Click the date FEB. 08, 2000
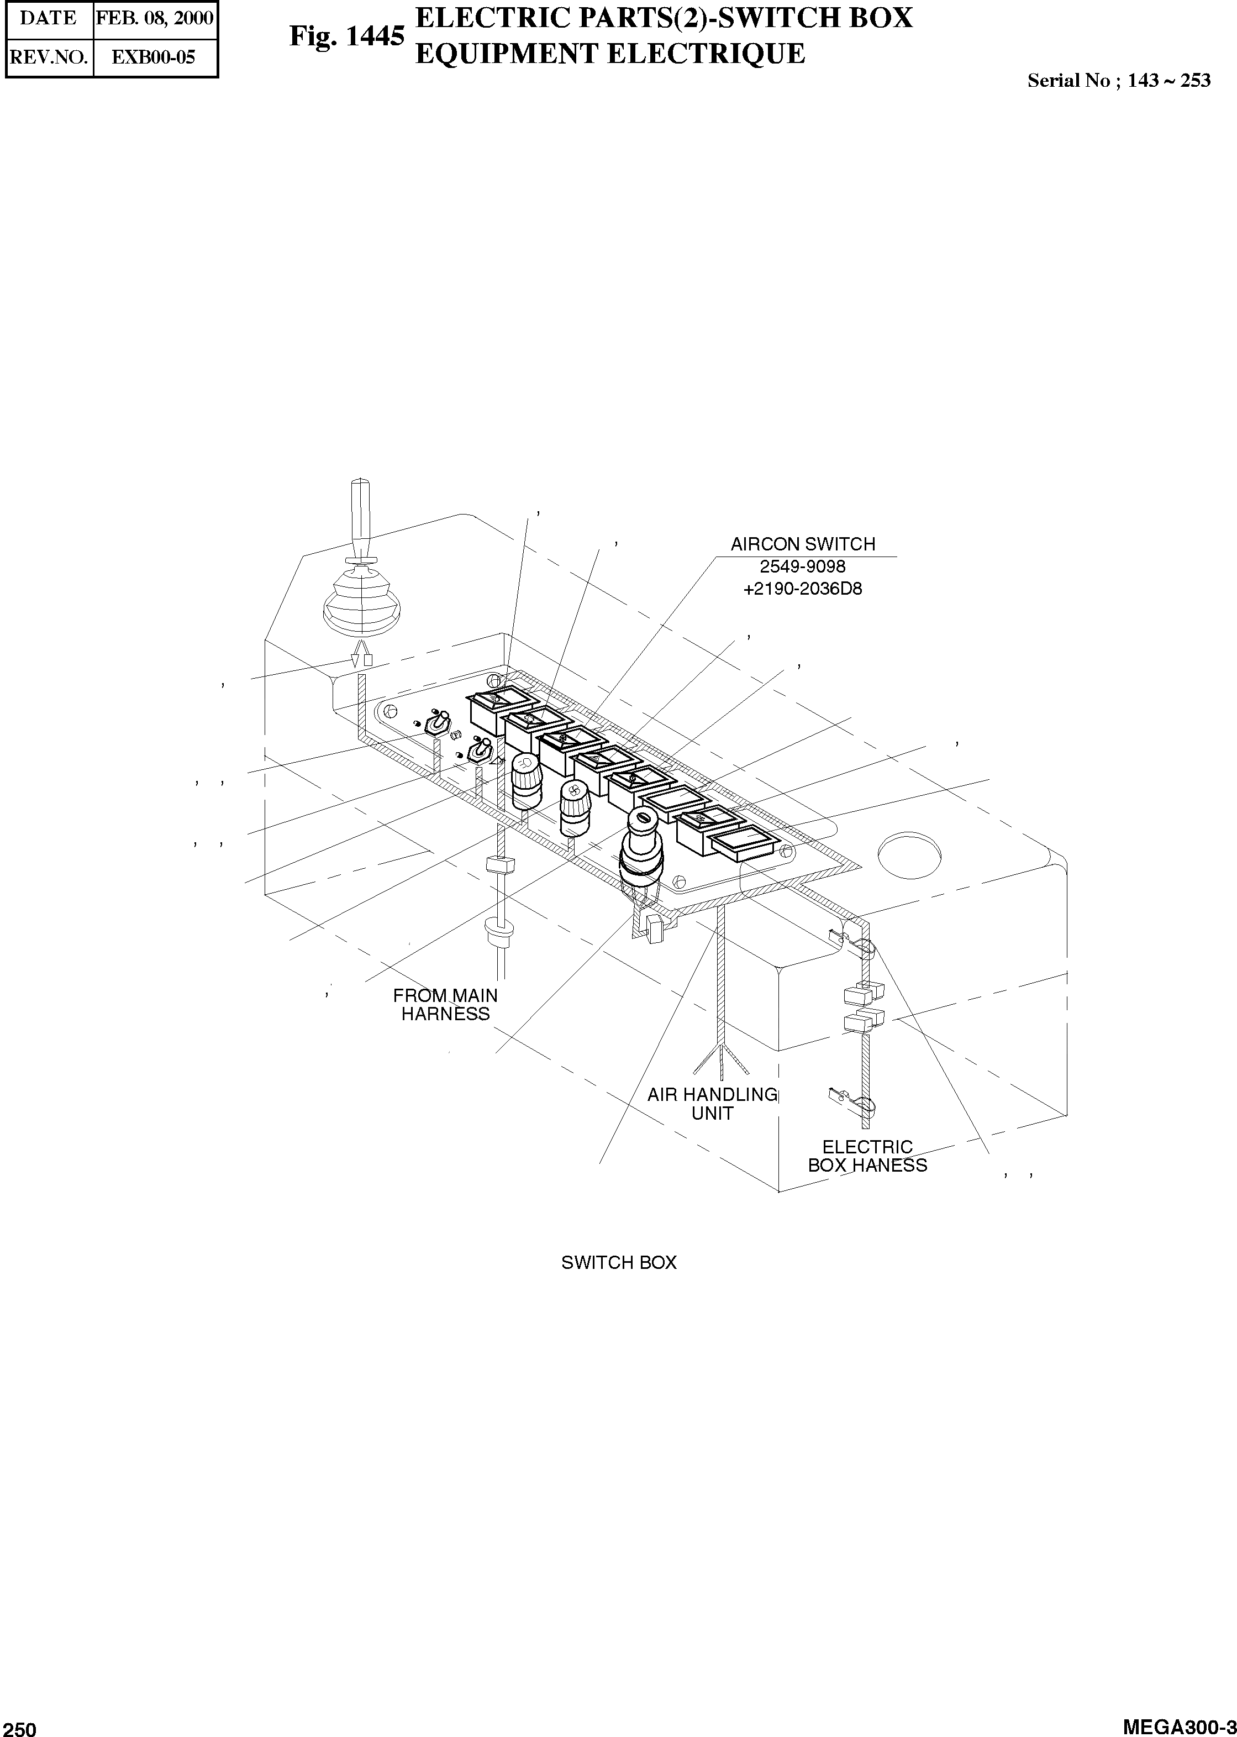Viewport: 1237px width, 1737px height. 155,18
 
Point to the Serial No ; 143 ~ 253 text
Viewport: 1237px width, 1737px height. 1118,81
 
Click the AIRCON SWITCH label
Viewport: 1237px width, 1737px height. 803,544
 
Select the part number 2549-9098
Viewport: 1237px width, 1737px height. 803,567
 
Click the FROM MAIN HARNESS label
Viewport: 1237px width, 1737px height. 446,1005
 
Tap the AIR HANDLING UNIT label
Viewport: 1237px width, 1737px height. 712,1104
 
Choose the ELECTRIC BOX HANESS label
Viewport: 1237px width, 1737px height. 867,1156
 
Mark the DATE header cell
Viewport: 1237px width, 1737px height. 48,18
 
